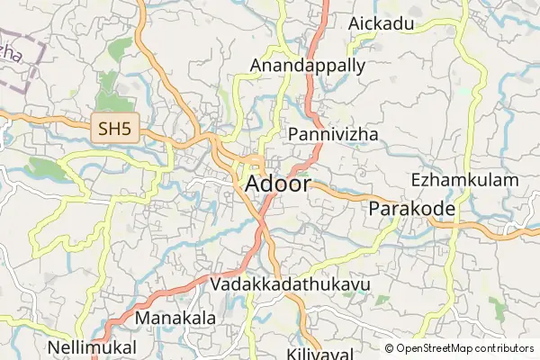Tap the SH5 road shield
point(115,130)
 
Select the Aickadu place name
point(387,23)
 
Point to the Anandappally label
point(308,66)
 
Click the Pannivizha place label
point(333,134)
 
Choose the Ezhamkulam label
point(464,180)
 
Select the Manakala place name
point(175,318)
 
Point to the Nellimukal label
point(93,346)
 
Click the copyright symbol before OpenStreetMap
point(390,348)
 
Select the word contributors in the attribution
point(505,348)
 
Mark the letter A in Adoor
point(253,184)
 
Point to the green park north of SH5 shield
point(108,87)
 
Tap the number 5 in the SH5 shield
point(127,130)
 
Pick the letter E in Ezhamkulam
point(416,180)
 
